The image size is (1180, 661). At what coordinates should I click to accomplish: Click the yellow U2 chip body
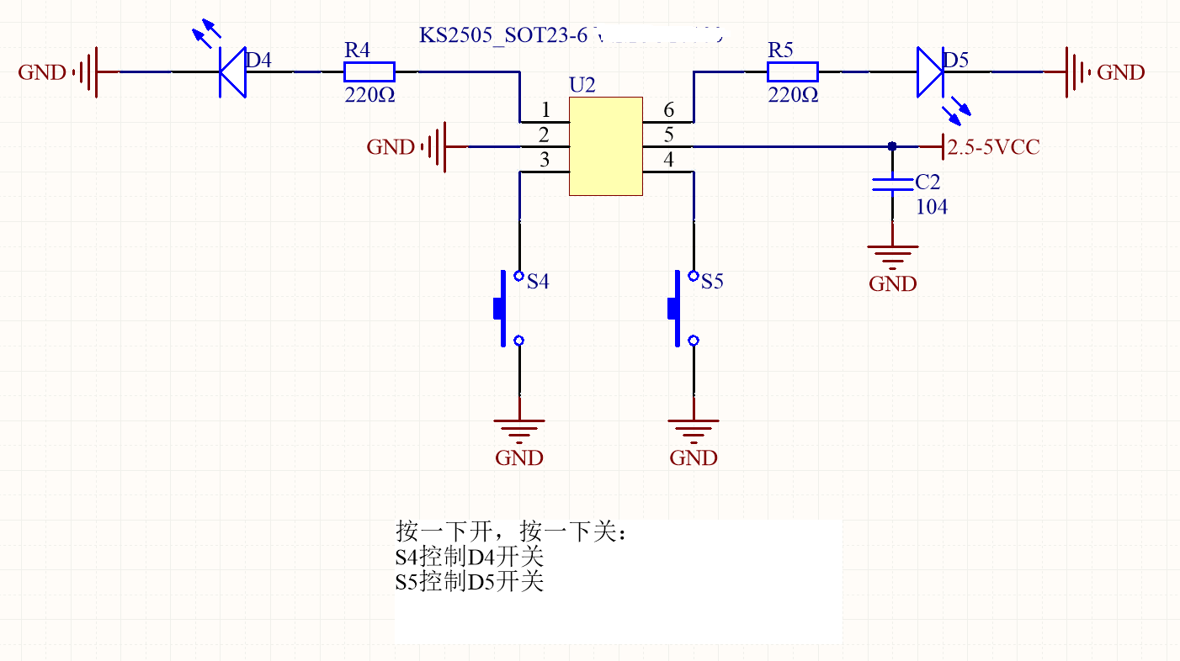click(x=606, y=146)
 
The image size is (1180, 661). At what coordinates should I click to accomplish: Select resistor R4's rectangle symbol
click(x=369, y=72)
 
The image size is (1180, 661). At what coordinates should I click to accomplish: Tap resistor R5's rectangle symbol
click(x=793, y=72)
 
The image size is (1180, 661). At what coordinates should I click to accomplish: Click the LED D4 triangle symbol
click(x=231, y=72)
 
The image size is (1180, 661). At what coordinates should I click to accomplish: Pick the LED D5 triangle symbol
click(x=929, y=72)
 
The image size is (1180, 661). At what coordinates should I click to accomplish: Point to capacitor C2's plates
click(x=892, y=184)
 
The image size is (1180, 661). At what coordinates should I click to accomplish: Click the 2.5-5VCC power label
click(x=993, y=148)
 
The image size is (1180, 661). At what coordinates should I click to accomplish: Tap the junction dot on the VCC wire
click(x=892, y=146)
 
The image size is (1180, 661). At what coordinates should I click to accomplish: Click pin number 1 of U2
click(x=545, y=110)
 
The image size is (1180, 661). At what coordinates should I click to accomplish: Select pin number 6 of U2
click(x=668, y=110)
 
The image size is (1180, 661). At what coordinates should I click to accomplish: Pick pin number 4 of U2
click(x=668, y=160)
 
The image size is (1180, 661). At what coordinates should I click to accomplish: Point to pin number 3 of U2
click(x=545, y=160)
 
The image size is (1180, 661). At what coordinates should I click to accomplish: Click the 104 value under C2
click(x=932, y=207)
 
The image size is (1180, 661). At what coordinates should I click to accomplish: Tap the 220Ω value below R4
click(x=369, y=95)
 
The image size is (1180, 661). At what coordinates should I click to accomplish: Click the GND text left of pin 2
click(x=391, y=148)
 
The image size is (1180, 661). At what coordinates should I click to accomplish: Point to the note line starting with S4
click(x=470, y=557)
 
